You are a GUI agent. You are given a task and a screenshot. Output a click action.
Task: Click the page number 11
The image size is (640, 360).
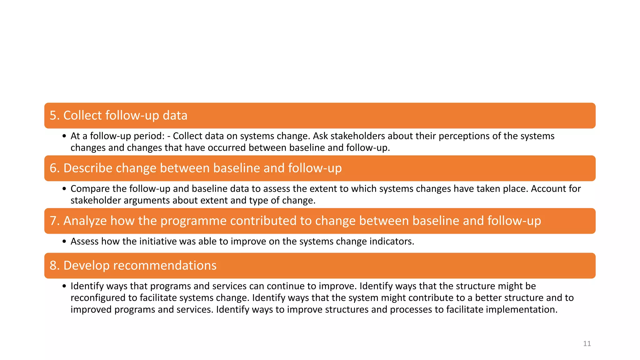(587, 344)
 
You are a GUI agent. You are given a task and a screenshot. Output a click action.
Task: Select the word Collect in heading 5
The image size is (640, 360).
(83, 116)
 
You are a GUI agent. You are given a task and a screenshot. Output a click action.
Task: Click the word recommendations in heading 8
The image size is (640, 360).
(164, 266)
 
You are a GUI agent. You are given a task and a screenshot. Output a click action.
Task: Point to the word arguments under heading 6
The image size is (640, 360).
(147, 200)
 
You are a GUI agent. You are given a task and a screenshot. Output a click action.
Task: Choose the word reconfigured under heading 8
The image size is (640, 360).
(98, 298)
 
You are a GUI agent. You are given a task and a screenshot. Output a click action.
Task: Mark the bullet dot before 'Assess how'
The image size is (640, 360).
(64, 242)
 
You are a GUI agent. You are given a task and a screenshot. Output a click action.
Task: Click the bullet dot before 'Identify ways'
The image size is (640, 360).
(64, 286)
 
